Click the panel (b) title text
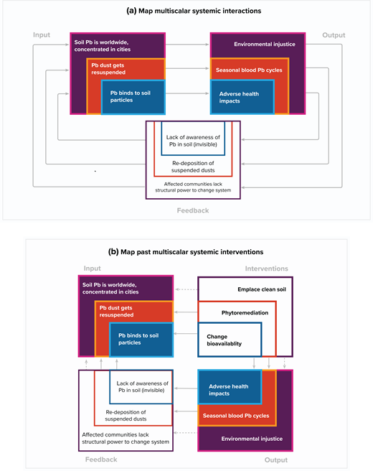(186, 252)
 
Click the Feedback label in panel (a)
(194, 210)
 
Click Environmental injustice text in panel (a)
(265, 45)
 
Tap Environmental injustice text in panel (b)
(252, 439)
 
